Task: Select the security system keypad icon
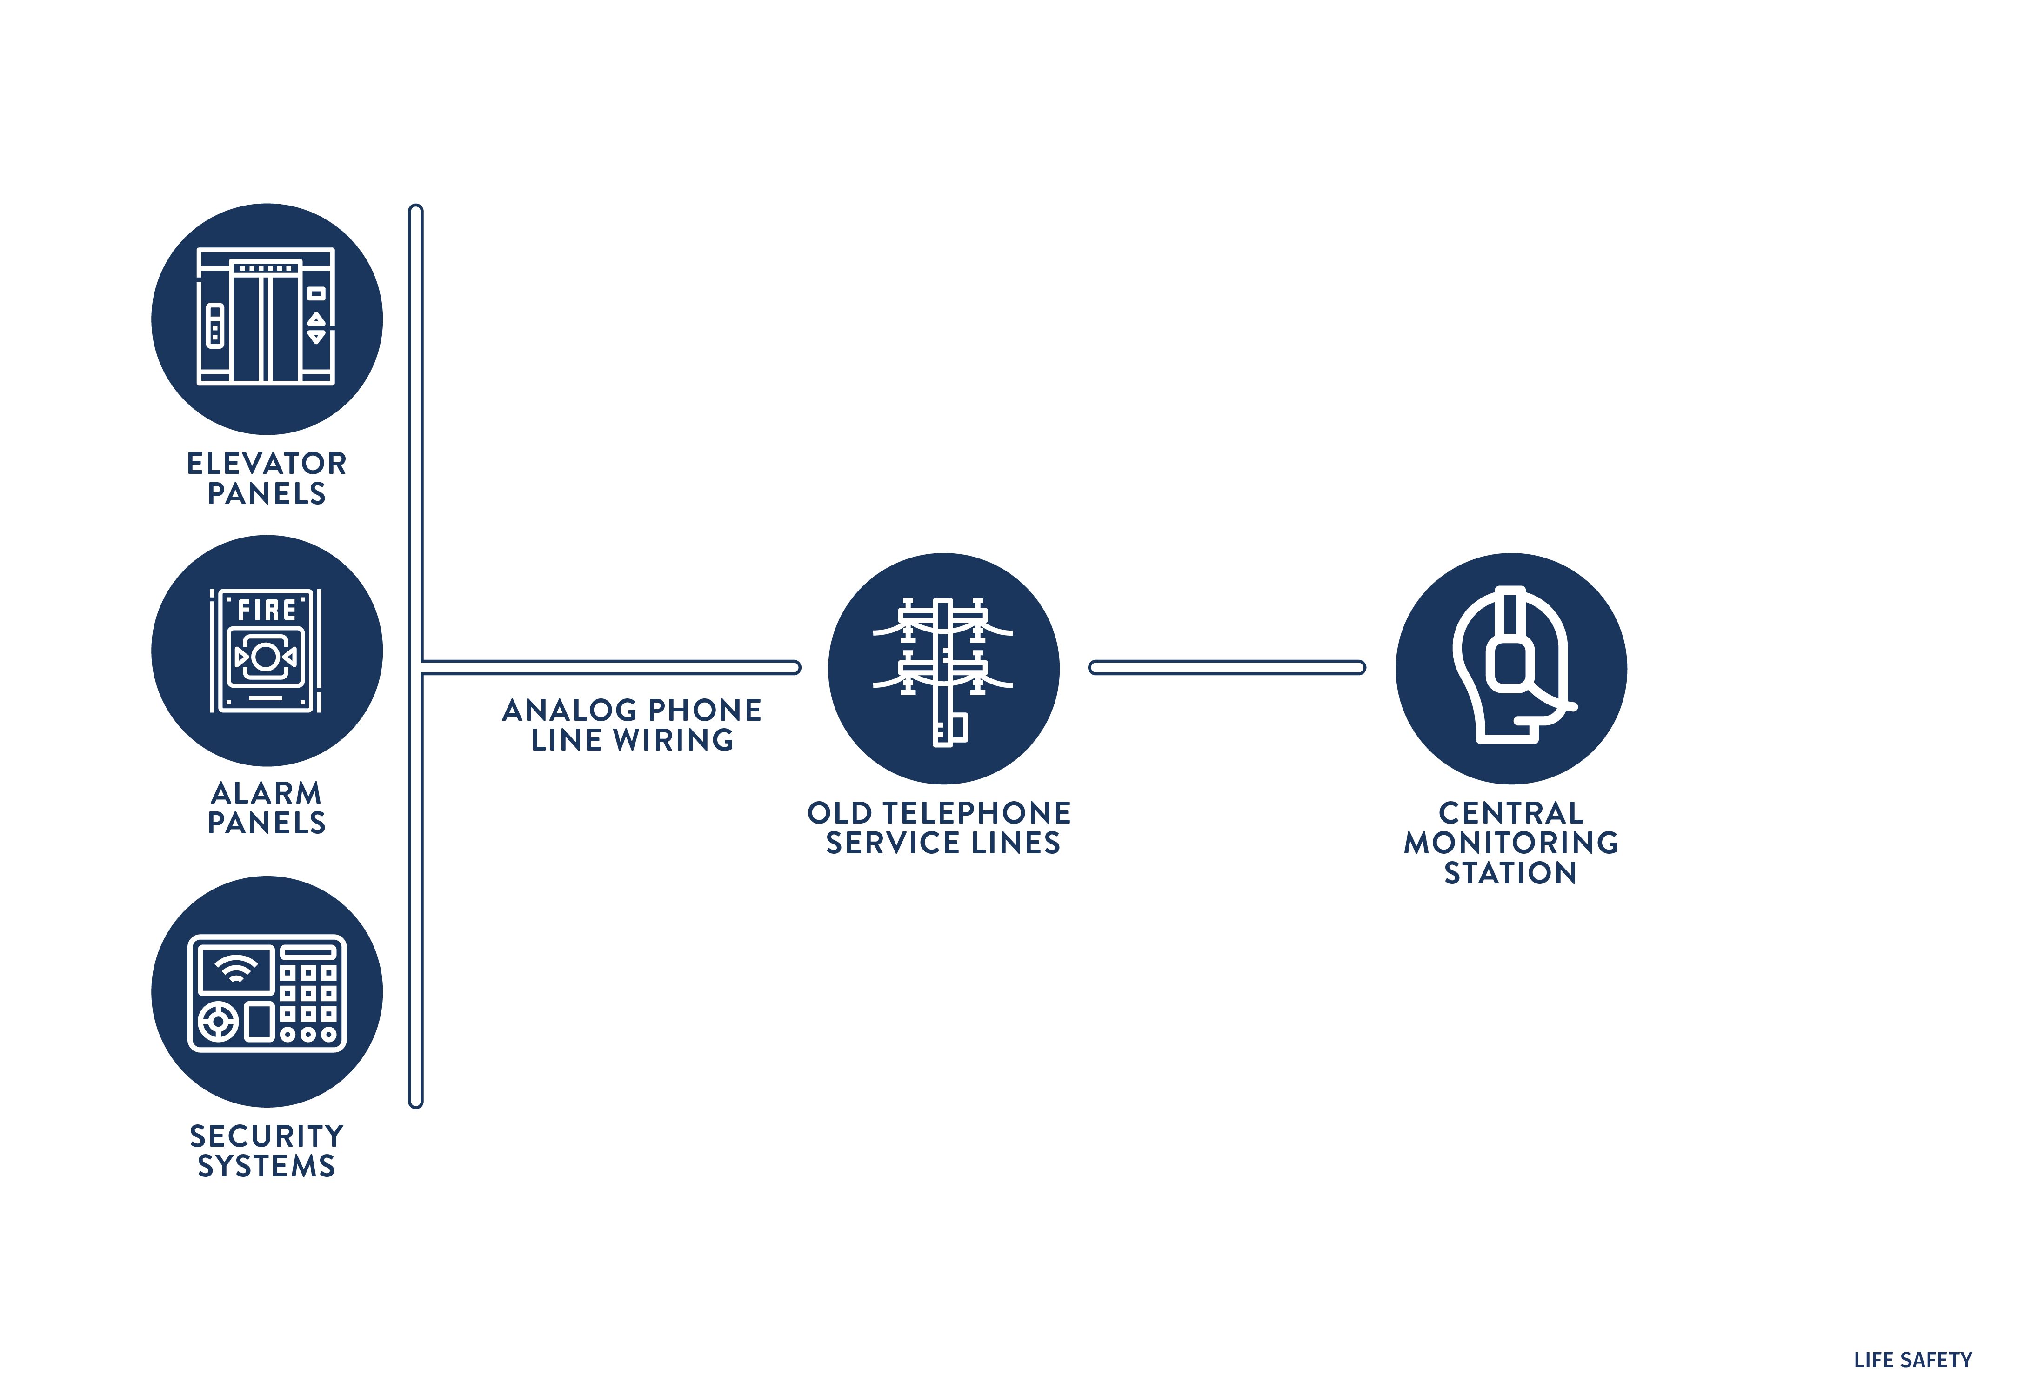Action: click(x=267, y=992)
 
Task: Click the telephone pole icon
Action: click(x=943, y=669)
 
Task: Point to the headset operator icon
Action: click(x=1511, y=669)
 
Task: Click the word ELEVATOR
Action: click(x=267, y=463)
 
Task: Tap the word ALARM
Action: click(x=267, y=793)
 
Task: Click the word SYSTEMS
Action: click(x=267, y=1166)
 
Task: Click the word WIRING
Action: click(x=673, y=740)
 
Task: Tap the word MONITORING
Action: click(x=1511, y=843)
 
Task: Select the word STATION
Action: click(x=1511, y=873)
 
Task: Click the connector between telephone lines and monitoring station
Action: click(x=1227, y=668)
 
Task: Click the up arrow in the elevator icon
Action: click(x=316, y=318)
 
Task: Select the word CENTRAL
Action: click(x=1511, y=813)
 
